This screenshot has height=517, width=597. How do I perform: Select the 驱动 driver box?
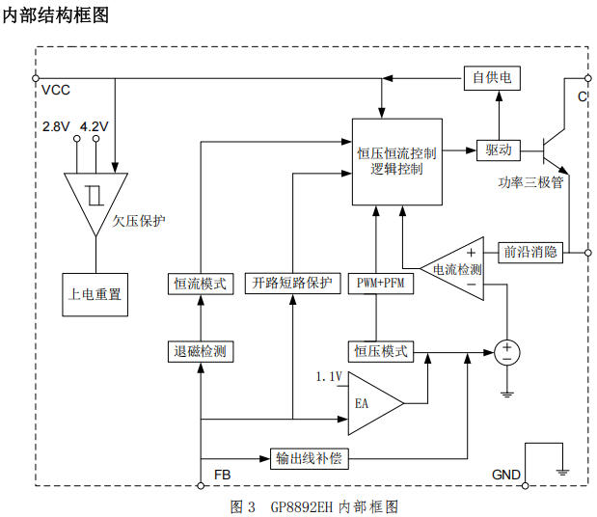coord(499,150)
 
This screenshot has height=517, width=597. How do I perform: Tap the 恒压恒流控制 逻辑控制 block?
coord(396,161)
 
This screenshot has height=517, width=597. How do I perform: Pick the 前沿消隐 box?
coord(530,253)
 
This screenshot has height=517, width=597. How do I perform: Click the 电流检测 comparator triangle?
coord(458,269)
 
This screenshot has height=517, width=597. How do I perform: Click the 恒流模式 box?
coord(201,284)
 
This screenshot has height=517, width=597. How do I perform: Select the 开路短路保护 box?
coord(291,284)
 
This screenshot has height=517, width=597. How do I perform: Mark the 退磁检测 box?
coord(201,352)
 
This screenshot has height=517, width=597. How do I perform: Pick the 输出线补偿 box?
coord(309,458)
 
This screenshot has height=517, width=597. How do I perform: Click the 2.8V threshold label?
coord(56,126)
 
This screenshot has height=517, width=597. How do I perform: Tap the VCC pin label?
coord(55,90)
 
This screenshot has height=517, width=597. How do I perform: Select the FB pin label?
coord(222,476)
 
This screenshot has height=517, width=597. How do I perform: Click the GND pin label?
coord(506,476)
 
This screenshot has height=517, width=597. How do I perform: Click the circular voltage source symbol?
coord(506,352)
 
